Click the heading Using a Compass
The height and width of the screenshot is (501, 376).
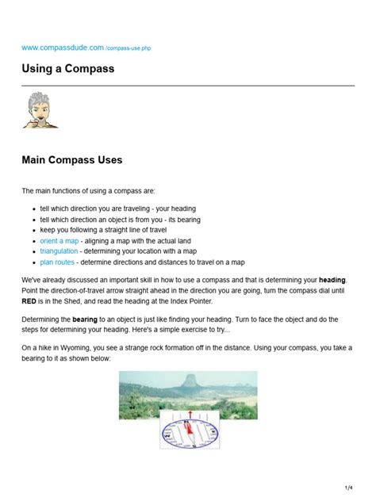click(x=68, y=69)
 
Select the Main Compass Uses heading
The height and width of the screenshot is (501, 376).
click(x=72, y=160)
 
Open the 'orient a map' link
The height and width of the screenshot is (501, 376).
click(x=59, y=241)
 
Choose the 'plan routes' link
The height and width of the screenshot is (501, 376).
click(x=58, y=262)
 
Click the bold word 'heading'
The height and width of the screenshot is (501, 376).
click(x=332, y=280)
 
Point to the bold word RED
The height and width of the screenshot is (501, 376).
click(x=31, y=301)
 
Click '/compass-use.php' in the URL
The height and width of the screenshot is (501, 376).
click(x=129, y=49)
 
